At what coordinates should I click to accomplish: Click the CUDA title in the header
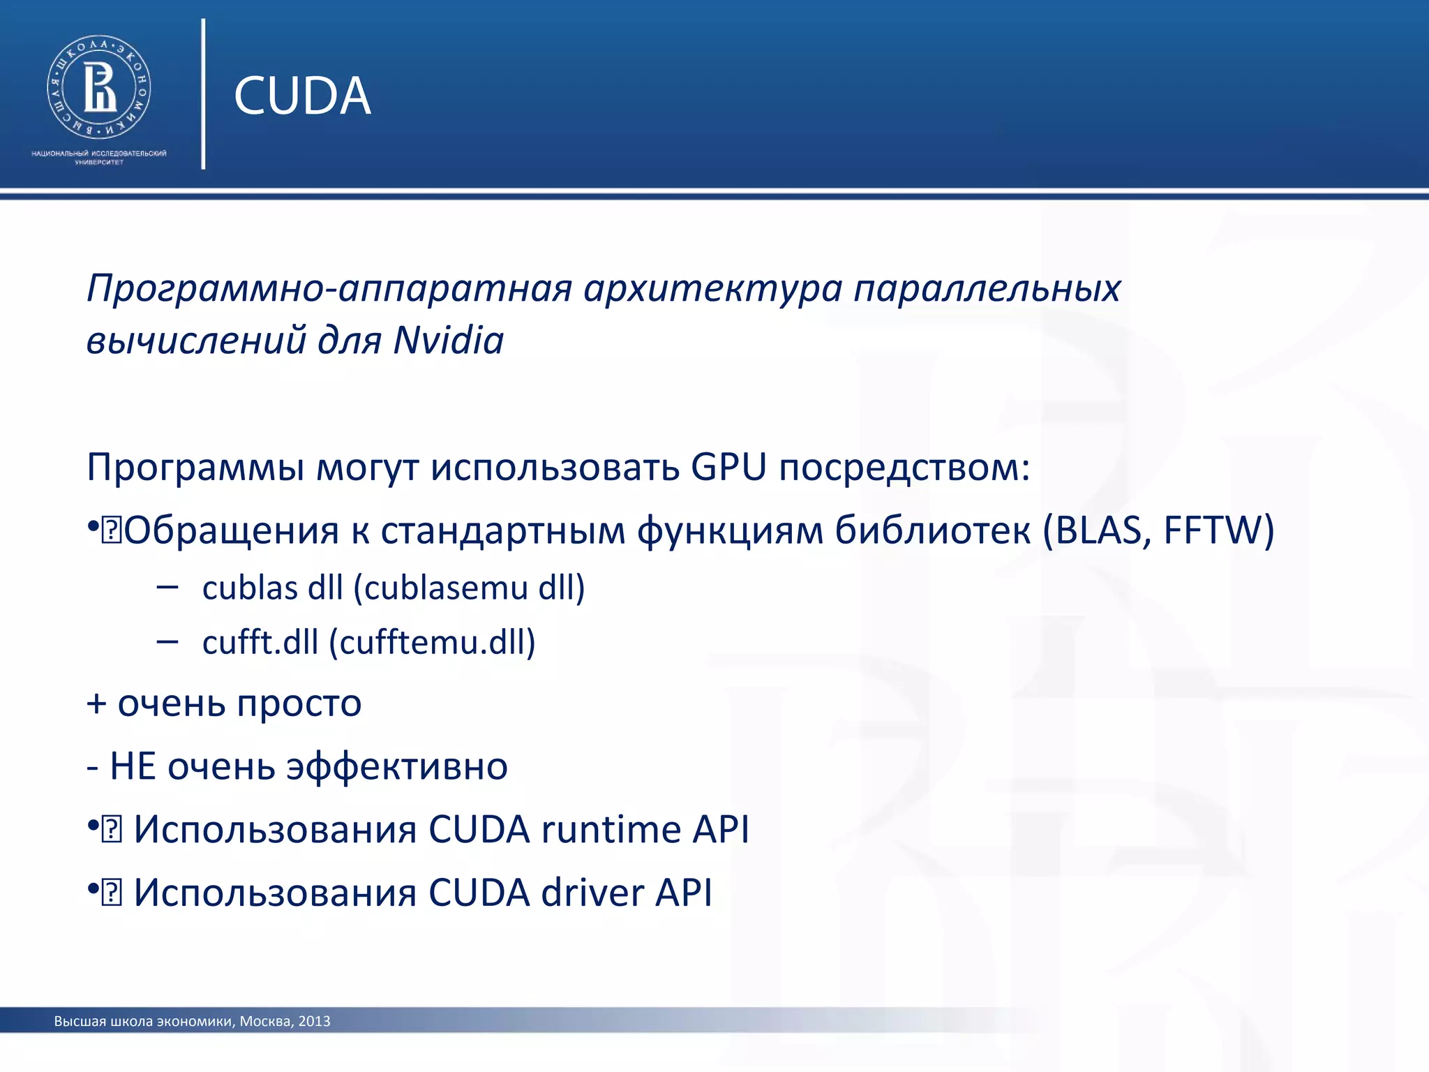click(x=301, y=96)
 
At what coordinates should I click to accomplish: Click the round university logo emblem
click(x=98, y=87)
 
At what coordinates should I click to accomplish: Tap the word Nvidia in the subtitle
click(x=448, y=341)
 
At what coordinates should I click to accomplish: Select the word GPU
click(x=728, y=467)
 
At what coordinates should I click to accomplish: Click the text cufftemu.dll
click(x=432, y=642)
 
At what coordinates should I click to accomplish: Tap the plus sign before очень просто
click(x=96, y=703)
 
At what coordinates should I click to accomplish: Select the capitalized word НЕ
click(x=133, y=766)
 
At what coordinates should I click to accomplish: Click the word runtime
click(x=611, y=830)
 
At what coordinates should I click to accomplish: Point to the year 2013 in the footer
click(x=314, y=1022)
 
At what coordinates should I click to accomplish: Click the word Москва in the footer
click(x=265, y=1022)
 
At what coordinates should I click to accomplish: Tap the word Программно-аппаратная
click(x=329, y=288)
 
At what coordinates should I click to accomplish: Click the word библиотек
click(x=932, y=530)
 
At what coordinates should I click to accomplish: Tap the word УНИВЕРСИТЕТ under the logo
click(x=98, y=163)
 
